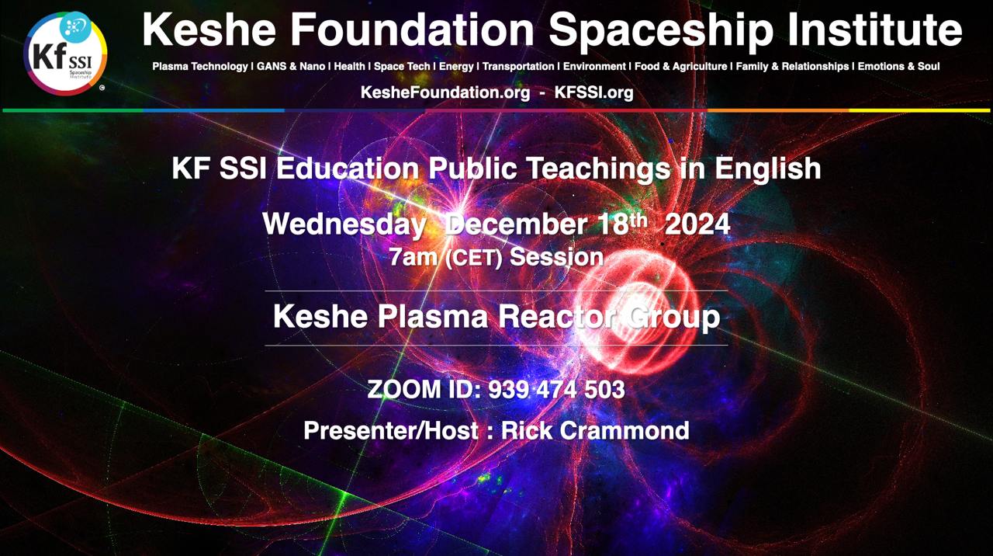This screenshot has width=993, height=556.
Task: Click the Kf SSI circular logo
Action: pos(66,54)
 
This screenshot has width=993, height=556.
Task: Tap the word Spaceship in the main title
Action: pos(661,31)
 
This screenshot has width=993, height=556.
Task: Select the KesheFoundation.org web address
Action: pos(445,92)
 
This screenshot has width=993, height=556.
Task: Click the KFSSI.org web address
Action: pos(594,92)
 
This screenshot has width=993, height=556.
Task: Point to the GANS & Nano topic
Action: pos(291,67)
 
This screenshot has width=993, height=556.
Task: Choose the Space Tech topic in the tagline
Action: pos(402,67)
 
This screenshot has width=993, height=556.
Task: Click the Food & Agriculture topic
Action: pos(681,67)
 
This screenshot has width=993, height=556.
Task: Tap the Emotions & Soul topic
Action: pos(898,67)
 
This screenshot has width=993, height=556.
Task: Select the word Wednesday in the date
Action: pos(344,224)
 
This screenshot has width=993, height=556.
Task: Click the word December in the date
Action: pos(516,224)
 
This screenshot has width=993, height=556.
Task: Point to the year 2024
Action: pos(697,224)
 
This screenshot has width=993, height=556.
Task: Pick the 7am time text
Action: pos(413,257)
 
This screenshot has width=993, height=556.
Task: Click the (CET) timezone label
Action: pos(473,259)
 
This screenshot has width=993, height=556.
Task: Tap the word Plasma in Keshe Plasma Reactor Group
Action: pos(433,316)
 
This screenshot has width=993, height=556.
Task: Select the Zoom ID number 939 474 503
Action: pos(556,390)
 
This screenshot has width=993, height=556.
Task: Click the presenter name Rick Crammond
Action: pos(595,430)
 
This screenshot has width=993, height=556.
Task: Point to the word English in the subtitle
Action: pos(767,169)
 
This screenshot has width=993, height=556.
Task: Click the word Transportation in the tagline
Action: pos(518,67)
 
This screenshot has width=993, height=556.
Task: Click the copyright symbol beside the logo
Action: pos(102,88)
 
